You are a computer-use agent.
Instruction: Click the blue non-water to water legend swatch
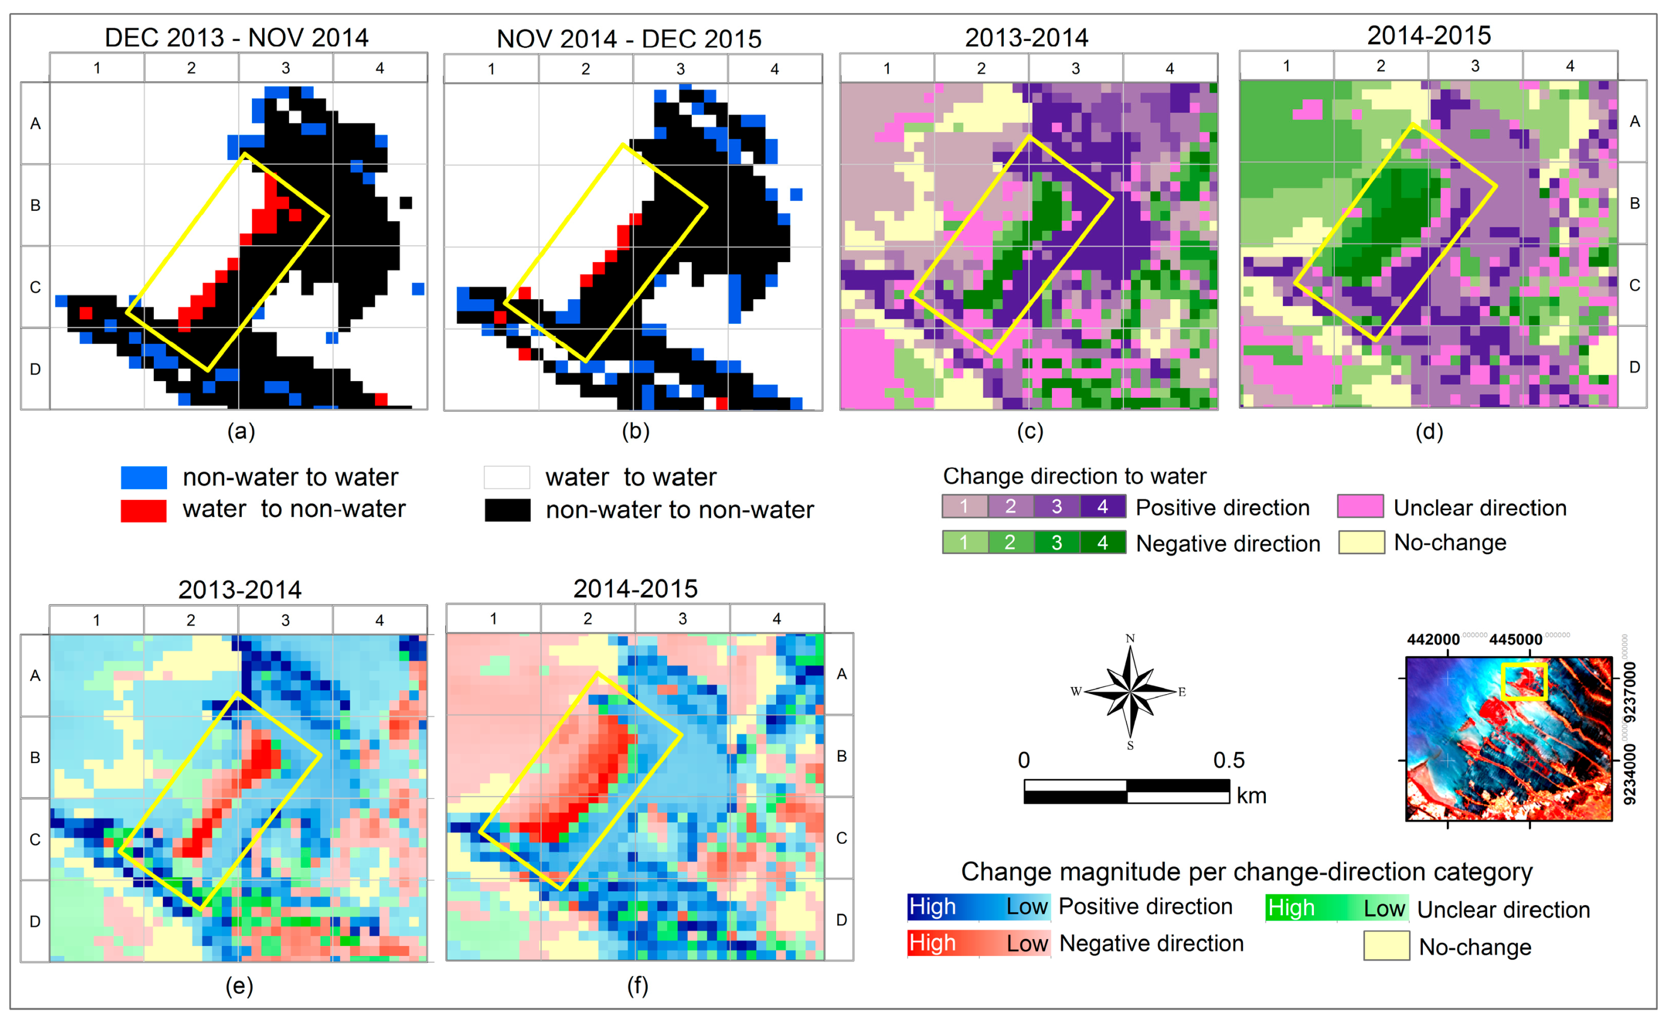144,477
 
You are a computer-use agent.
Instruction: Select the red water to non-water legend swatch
144,510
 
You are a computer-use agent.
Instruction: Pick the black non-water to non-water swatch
507,510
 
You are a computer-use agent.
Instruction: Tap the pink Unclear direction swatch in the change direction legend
1360,507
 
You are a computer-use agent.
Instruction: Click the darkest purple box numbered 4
1103,507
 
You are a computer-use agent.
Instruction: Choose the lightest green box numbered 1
964,543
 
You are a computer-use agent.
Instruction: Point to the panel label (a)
241,431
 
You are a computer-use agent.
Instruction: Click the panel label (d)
1429,431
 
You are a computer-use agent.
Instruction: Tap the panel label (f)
637,986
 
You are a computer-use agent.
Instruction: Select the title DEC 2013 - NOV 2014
237,37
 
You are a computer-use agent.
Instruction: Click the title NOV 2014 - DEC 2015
629,38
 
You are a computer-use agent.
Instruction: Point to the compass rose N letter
1130,638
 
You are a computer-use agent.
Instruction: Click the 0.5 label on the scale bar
1229,760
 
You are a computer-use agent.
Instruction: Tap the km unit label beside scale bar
1251,796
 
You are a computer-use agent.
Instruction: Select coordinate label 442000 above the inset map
1433,639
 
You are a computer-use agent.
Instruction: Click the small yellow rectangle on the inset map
1524,681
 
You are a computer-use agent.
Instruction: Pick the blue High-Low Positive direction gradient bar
979,907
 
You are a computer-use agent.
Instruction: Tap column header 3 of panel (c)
1075,69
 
